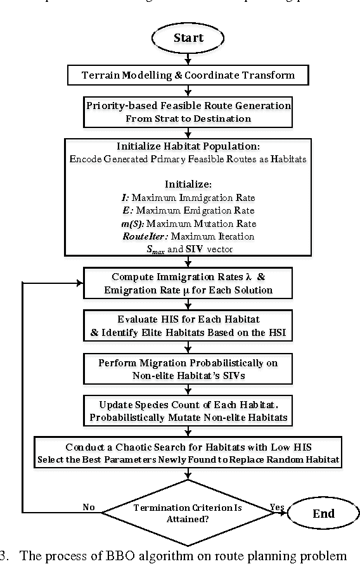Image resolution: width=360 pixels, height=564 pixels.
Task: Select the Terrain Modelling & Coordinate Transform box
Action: click(x=188, y=75)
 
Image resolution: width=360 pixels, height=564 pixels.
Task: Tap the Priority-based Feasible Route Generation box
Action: click(x=188, y=112)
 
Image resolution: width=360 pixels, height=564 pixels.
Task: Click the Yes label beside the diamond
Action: click(x=276, y=507)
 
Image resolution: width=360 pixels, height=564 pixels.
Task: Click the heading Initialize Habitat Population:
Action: click(x=188, y=146)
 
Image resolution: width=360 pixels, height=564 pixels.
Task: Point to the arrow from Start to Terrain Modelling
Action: click(x=188, y=59)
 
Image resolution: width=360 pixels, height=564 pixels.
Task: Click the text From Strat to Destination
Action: click(x=188, y=118)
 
